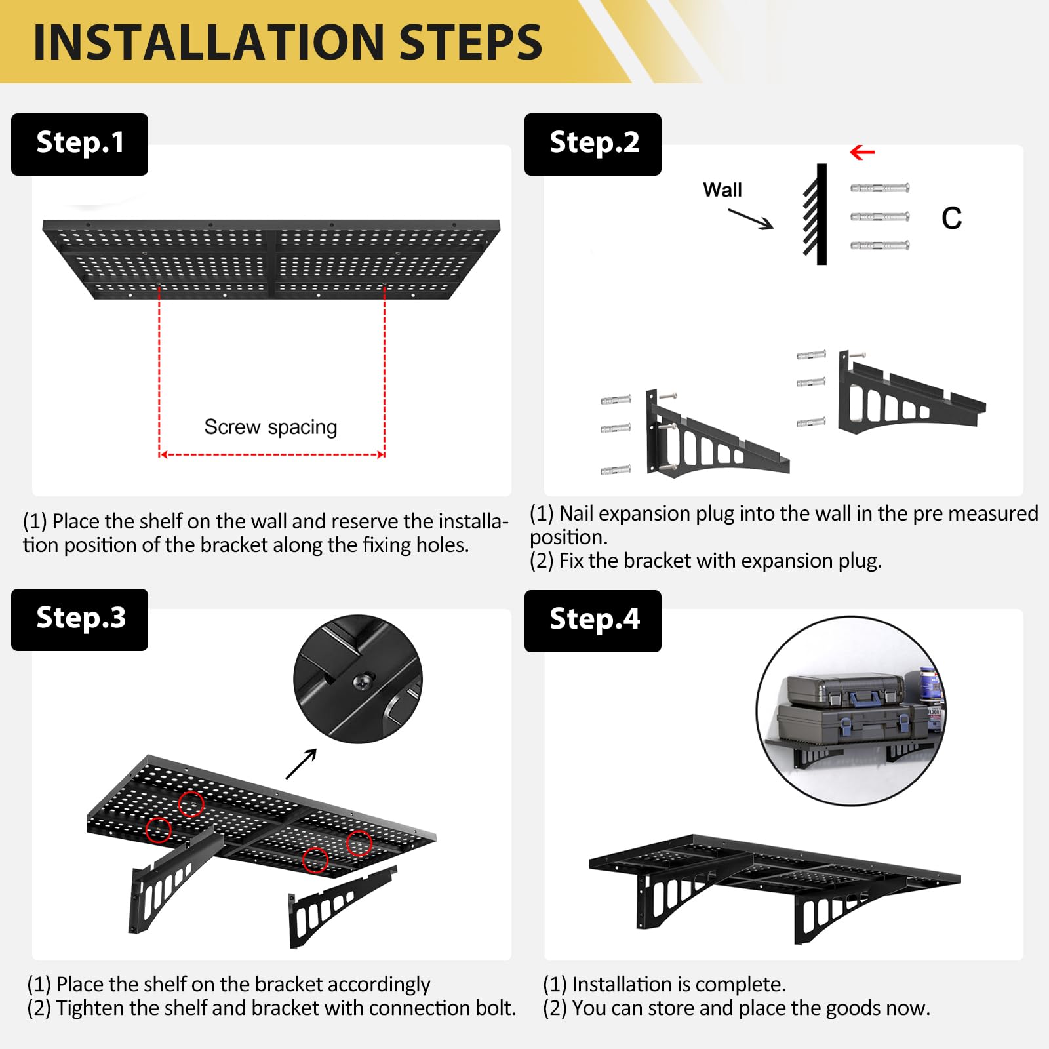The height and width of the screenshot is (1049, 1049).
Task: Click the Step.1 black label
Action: click(x=79, y=144)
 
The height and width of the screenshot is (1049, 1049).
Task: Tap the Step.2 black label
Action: click(x=593, y=144)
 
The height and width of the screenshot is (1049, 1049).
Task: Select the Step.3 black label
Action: click(x=79, y=620)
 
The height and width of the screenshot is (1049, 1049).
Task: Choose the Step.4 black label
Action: click(x=593, y=621)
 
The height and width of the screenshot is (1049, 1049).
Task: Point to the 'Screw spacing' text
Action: click(x=271, y=427)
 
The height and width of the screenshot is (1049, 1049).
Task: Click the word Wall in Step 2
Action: click(x=722, y=190)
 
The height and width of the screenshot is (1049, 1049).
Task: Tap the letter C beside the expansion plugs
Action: click(x=952, y=218)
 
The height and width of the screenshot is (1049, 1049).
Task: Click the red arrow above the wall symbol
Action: click(x=862, y=153)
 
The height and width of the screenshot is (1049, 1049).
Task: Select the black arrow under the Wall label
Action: click(x=751, y=219)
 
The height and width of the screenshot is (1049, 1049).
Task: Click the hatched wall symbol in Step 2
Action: click(x=815, y=214)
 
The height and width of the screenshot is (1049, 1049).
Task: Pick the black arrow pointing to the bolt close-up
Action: click(x=302, y=764)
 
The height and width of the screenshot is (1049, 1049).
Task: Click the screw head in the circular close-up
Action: click(x=363, y=681)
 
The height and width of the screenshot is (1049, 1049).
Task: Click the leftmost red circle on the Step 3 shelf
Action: click(x=158, y=830)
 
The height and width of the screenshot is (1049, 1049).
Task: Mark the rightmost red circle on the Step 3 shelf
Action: click(x=359, y=843)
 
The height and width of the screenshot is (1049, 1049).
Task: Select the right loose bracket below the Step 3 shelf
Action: click(x=340, y=907)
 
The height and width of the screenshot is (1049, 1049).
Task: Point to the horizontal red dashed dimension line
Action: click(x=272, y=454)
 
